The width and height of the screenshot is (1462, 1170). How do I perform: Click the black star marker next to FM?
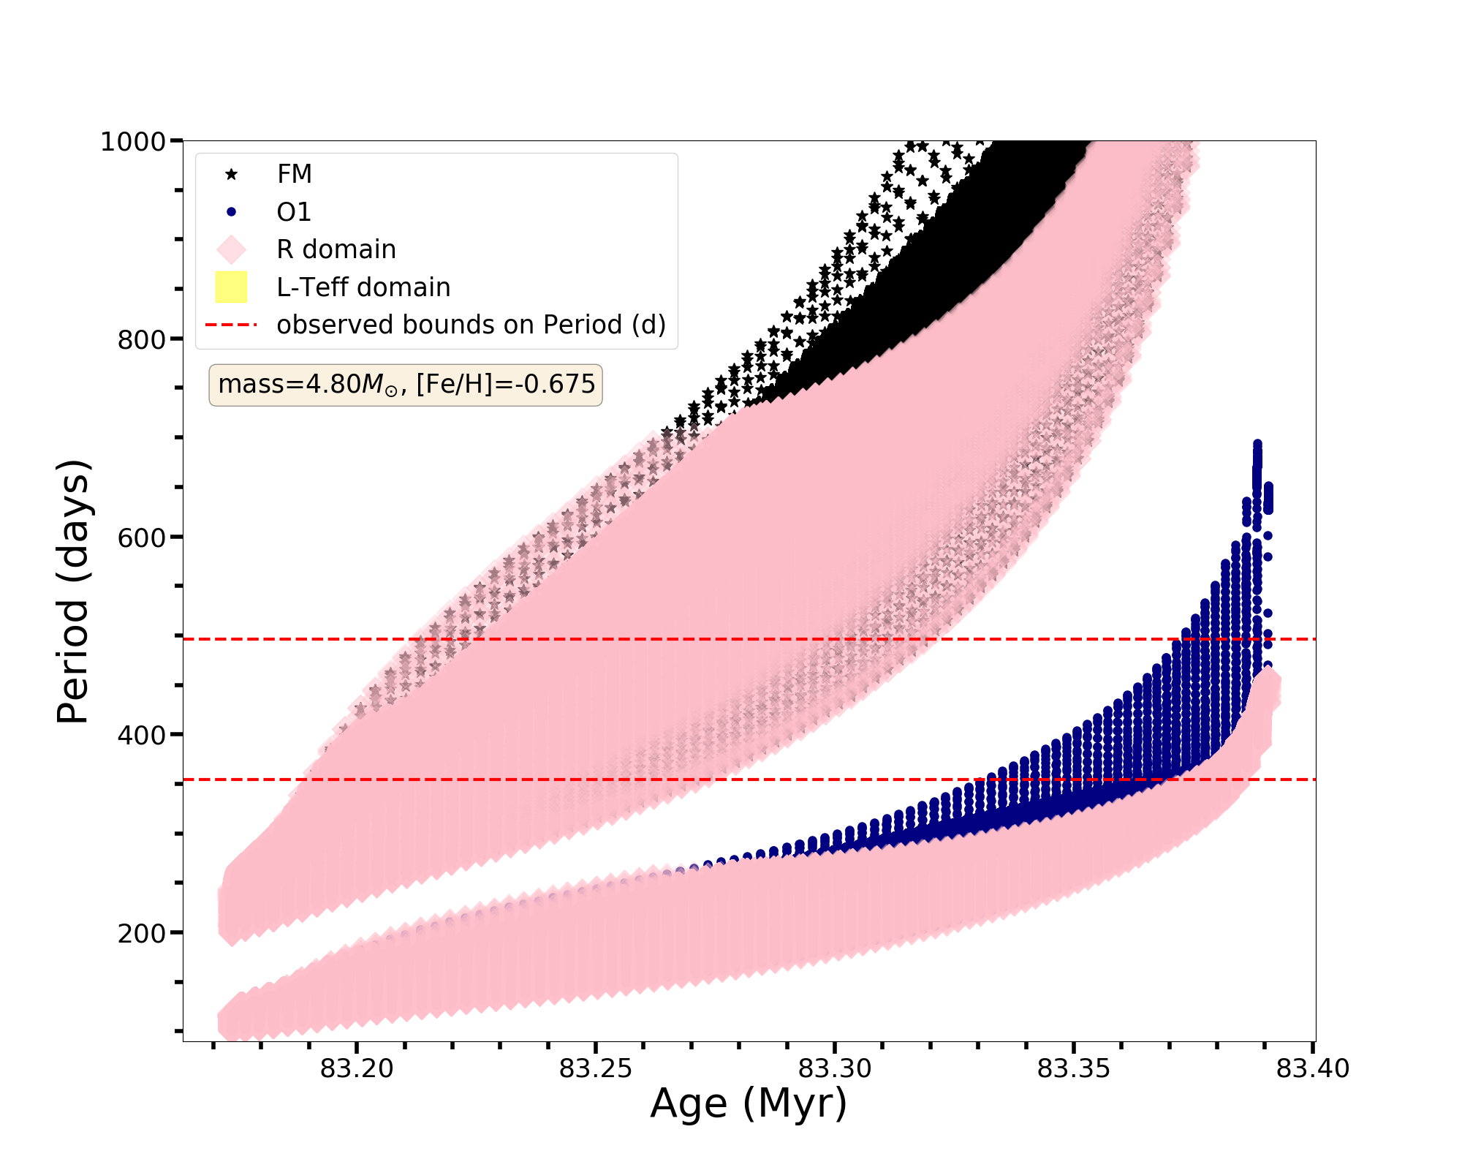click(231, 174)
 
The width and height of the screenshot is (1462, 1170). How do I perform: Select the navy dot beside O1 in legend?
click(231, 212)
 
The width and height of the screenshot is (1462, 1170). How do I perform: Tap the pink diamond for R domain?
click(231, 249)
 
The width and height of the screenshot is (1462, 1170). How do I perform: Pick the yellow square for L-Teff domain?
click(231, 287)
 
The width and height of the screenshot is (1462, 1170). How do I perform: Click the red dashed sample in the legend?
click(231, 325)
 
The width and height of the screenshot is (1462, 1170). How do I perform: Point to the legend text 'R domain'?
click(336, 249)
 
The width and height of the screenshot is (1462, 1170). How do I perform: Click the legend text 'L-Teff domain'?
click(363, 287)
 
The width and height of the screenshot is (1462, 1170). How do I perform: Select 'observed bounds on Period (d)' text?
click(471, 325)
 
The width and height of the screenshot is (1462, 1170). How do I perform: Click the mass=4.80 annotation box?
click(406, 385)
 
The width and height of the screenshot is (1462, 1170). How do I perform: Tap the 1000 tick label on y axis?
click(132, 141)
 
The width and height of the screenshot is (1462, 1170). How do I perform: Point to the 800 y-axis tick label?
click(141, 339)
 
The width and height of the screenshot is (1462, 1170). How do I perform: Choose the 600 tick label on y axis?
click(141, 537)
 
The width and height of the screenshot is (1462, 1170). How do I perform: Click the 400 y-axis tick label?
click(141, 735)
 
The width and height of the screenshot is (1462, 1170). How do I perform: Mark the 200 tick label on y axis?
click(141, 933)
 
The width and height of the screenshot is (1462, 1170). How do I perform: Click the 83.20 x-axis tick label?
click(357, 1069)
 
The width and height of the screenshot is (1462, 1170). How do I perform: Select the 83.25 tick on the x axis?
click(596, 1069)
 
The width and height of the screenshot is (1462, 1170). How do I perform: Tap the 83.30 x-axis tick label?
click(835, 1069)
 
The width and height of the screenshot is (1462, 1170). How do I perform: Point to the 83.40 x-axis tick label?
click(1313, 1069)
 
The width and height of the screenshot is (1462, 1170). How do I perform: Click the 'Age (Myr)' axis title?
click(749, 1104)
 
